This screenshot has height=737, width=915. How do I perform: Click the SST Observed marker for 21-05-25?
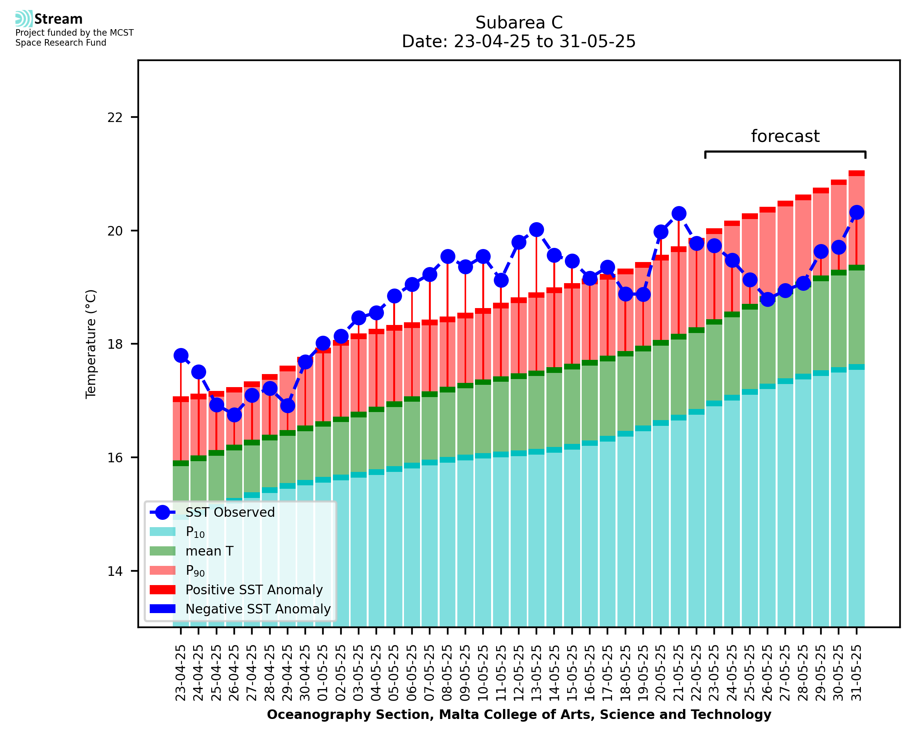[678, 214]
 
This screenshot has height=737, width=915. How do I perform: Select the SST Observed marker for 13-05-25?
[536, 230]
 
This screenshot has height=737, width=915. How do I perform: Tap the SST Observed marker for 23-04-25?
[181, 355]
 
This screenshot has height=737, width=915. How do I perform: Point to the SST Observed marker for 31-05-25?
[856, 212]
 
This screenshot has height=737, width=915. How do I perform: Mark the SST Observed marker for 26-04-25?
[234, 415]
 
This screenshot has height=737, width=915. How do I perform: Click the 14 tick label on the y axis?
[115, 571]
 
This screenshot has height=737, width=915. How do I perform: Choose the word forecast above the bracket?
[785, 136]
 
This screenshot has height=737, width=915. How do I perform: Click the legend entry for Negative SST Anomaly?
[258, 609]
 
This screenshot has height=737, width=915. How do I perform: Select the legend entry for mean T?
[209, 551]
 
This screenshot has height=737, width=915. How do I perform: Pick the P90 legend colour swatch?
[163, 570]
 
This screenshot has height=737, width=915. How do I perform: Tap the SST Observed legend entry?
[230, 513]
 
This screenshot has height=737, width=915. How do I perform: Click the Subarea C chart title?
[519, 23]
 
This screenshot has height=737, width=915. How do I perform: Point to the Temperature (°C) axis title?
[91, 344]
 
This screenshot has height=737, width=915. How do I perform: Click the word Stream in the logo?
[58, 19]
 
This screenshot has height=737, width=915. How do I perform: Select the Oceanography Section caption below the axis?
[519, 714]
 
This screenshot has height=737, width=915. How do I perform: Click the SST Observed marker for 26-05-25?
[767, 300]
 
